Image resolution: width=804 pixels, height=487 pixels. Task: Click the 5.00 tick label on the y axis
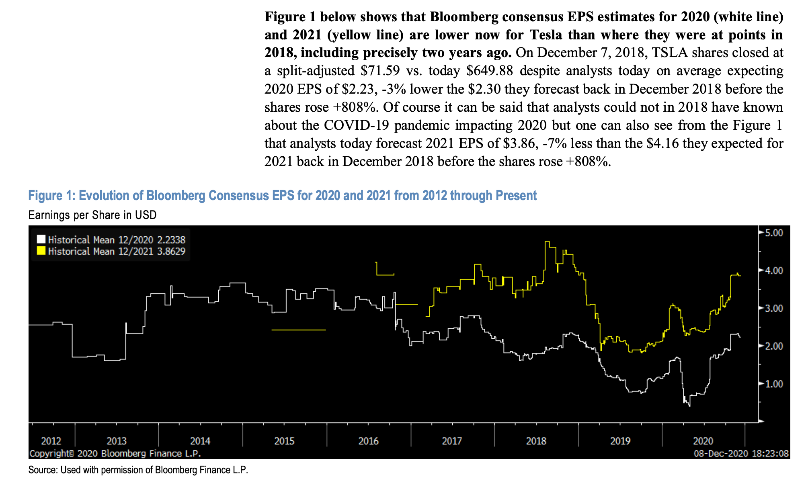[773, 233]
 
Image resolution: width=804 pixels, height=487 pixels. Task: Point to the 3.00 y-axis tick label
[773, 309]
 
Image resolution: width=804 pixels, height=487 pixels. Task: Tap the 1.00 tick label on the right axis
[773, 384]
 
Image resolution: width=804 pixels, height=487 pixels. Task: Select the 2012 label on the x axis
[51, 441]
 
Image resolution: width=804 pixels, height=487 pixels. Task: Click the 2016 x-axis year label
[368, 441]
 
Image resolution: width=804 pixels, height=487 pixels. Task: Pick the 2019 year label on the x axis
[620, 441]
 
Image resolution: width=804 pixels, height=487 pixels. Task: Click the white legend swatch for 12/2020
[41, 239]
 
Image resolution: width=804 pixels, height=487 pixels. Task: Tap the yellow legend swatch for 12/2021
[41, 251]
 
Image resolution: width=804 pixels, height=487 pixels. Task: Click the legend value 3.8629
[171, 252]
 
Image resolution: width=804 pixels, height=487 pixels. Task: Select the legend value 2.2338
[171, 240]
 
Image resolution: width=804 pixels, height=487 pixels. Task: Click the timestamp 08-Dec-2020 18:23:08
[741, 454]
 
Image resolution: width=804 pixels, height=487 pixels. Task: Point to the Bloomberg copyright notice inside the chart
[115, 454]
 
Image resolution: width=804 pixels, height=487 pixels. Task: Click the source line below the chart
[138, 470]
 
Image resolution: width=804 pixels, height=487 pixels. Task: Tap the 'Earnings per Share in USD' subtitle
[92, 215]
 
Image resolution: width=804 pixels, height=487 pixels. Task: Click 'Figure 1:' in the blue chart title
[51, 196]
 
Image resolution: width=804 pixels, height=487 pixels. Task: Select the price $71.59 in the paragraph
[380, 71]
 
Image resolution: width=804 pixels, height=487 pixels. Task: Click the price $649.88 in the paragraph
[489, 71]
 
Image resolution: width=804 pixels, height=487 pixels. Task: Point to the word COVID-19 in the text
[356, 125]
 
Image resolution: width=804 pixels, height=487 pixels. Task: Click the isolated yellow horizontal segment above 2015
[298, 330]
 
